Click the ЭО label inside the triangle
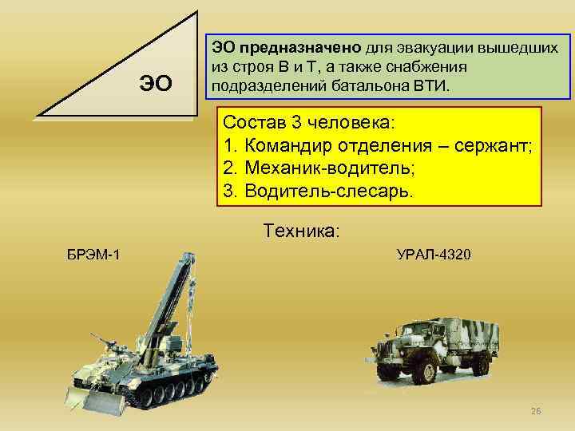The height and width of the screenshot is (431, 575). coord(155,82)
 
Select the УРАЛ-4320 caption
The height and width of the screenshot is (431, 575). coord(434,255)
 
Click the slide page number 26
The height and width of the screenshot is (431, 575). coord(536,410)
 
